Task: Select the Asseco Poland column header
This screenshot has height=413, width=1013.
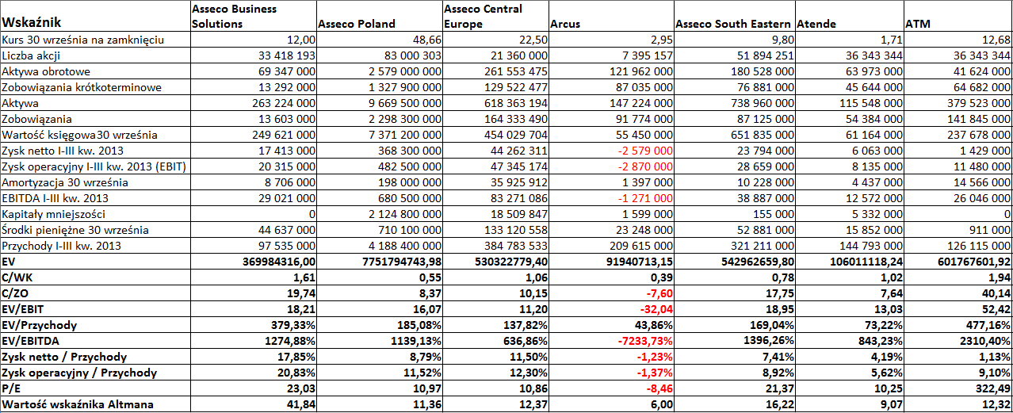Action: (357, 24)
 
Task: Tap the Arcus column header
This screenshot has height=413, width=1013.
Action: (565, 24)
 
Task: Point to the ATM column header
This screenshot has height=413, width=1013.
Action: (918, 24)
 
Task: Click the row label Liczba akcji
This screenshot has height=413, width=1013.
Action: (31, 55)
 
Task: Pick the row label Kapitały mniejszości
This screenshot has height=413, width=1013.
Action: (53, 214)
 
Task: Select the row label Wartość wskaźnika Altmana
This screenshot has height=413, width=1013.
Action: (78, 404)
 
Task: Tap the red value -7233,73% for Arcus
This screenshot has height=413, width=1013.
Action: (645, 341)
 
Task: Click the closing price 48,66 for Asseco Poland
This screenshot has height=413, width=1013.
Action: (427, 40)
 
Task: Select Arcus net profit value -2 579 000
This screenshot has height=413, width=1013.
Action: (645, 151)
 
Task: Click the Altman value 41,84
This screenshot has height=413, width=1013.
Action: (300, 404)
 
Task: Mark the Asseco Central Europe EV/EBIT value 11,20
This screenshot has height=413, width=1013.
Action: (533, 309)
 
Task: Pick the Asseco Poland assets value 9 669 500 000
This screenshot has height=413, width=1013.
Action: (405, 103)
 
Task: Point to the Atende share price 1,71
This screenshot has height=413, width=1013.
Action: (892, 40)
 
